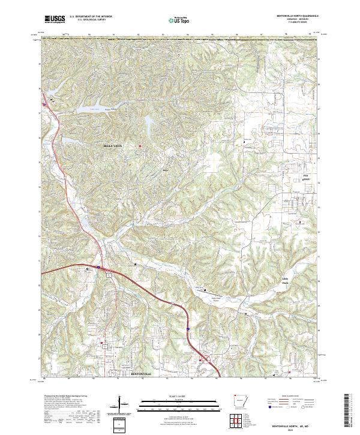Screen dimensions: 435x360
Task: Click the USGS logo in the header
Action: pyautogui.click(x=55, y=19)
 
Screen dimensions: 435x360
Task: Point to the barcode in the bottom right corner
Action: pyautogui.click(x=349, y=411)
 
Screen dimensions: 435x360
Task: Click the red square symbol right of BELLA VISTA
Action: pyautogui.click(x=141, y=146)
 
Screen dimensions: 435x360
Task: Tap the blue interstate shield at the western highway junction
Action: pyautogui.click(x=98, y=266)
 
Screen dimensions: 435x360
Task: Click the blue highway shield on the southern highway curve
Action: pyautogui.click(x=188, y=329)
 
